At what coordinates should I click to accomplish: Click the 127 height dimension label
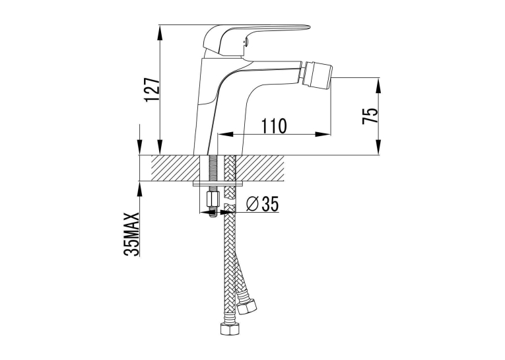(152, 90)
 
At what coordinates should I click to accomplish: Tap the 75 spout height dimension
(370, 116)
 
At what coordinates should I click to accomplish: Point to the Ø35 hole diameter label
(262, 203)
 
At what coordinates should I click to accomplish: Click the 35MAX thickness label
(131, 234)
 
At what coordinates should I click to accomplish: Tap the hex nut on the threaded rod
(213, 201)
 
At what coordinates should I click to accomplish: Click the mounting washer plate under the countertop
(218, 184)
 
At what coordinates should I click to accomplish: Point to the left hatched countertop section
(175, 168)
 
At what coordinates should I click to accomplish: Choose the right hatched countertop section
(260, 168)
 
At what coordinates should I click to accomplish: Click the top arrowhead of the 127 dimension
(160, 33)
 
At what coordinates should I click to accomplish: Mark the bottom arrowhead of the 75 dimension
(379, 147)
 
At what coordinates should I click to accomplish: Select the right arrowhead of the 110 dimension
(323, 134)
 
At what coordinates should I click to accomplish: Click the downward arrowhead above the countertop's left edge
(139, 147)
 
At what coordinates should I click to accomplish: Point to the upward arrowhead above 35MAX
(139, 190)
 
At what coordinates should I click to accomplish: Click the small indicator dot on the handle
(246, 40)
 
